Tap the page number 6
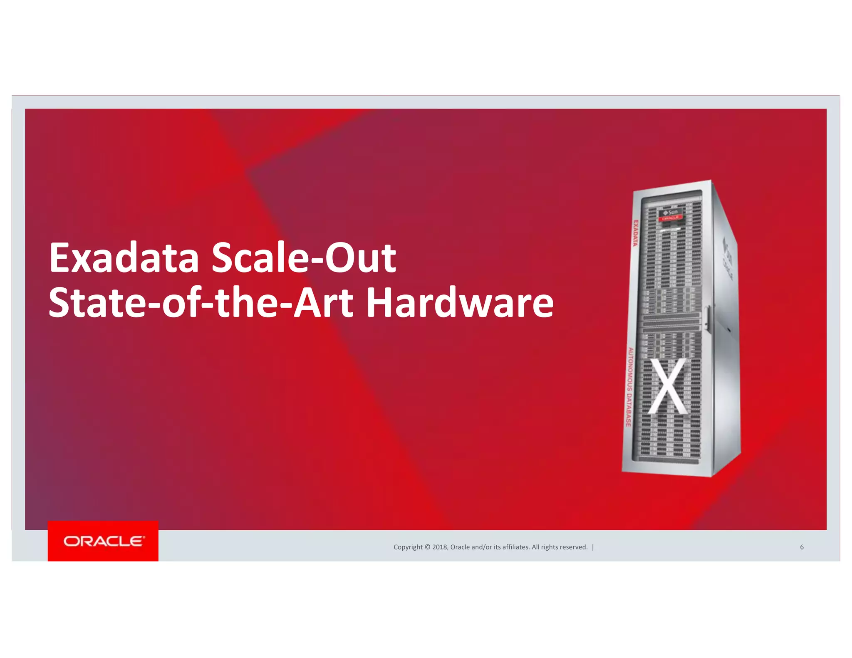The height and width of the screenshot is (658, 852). (x=802, y=547)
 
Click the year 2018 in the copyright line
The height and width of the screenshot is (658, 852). (x=439, y=547)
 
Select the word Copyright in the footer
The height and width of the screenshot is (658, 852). (x=408, y=547)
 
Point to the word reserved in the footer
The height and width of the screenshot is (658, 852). (x=574, y=547)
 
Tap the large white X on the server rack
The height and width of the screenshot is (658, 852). (x=668, y=386)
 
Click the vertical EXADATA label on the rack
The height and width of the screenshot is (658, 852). (x=635, y=233)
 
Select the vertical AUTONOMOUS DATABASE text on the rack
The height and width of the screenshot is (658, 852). (x=629, y=387)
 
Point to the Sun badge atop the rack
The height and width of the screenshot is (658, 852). (x=671, y=213)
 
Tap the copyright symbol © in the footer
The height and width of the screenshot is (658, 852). (x=427, y=547)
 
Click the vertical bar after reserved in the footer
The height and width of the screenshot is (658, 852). (x=593, y=547)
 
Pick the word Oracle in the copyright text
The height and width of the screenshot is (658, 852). (x=460, y=547)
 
